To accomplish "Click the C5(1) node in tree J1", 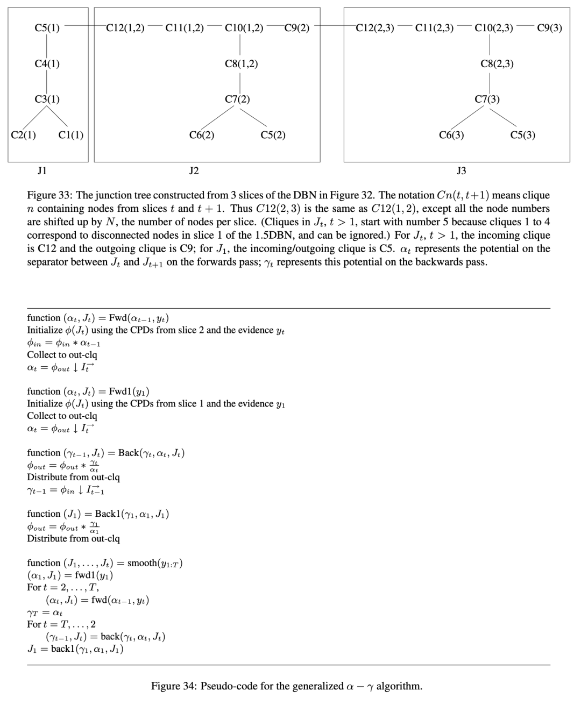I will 47,28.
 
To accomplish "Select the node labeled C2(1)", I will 23,135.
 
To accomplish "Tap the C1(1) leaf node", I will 70,135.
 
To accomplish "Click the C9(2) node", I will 296,28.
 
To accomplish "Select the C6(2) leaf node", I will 202,135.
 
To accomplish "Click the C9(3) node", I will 549,28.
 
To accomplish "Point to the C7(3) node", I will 487,99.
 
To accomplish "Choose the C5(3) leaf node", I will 522,135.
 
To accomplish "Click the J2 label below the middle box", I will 194,171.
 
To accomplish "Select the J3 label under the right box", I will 461,171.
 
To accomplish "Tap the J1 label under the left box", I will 42,171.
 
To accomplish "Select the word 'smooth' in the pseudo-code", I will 142,563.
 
